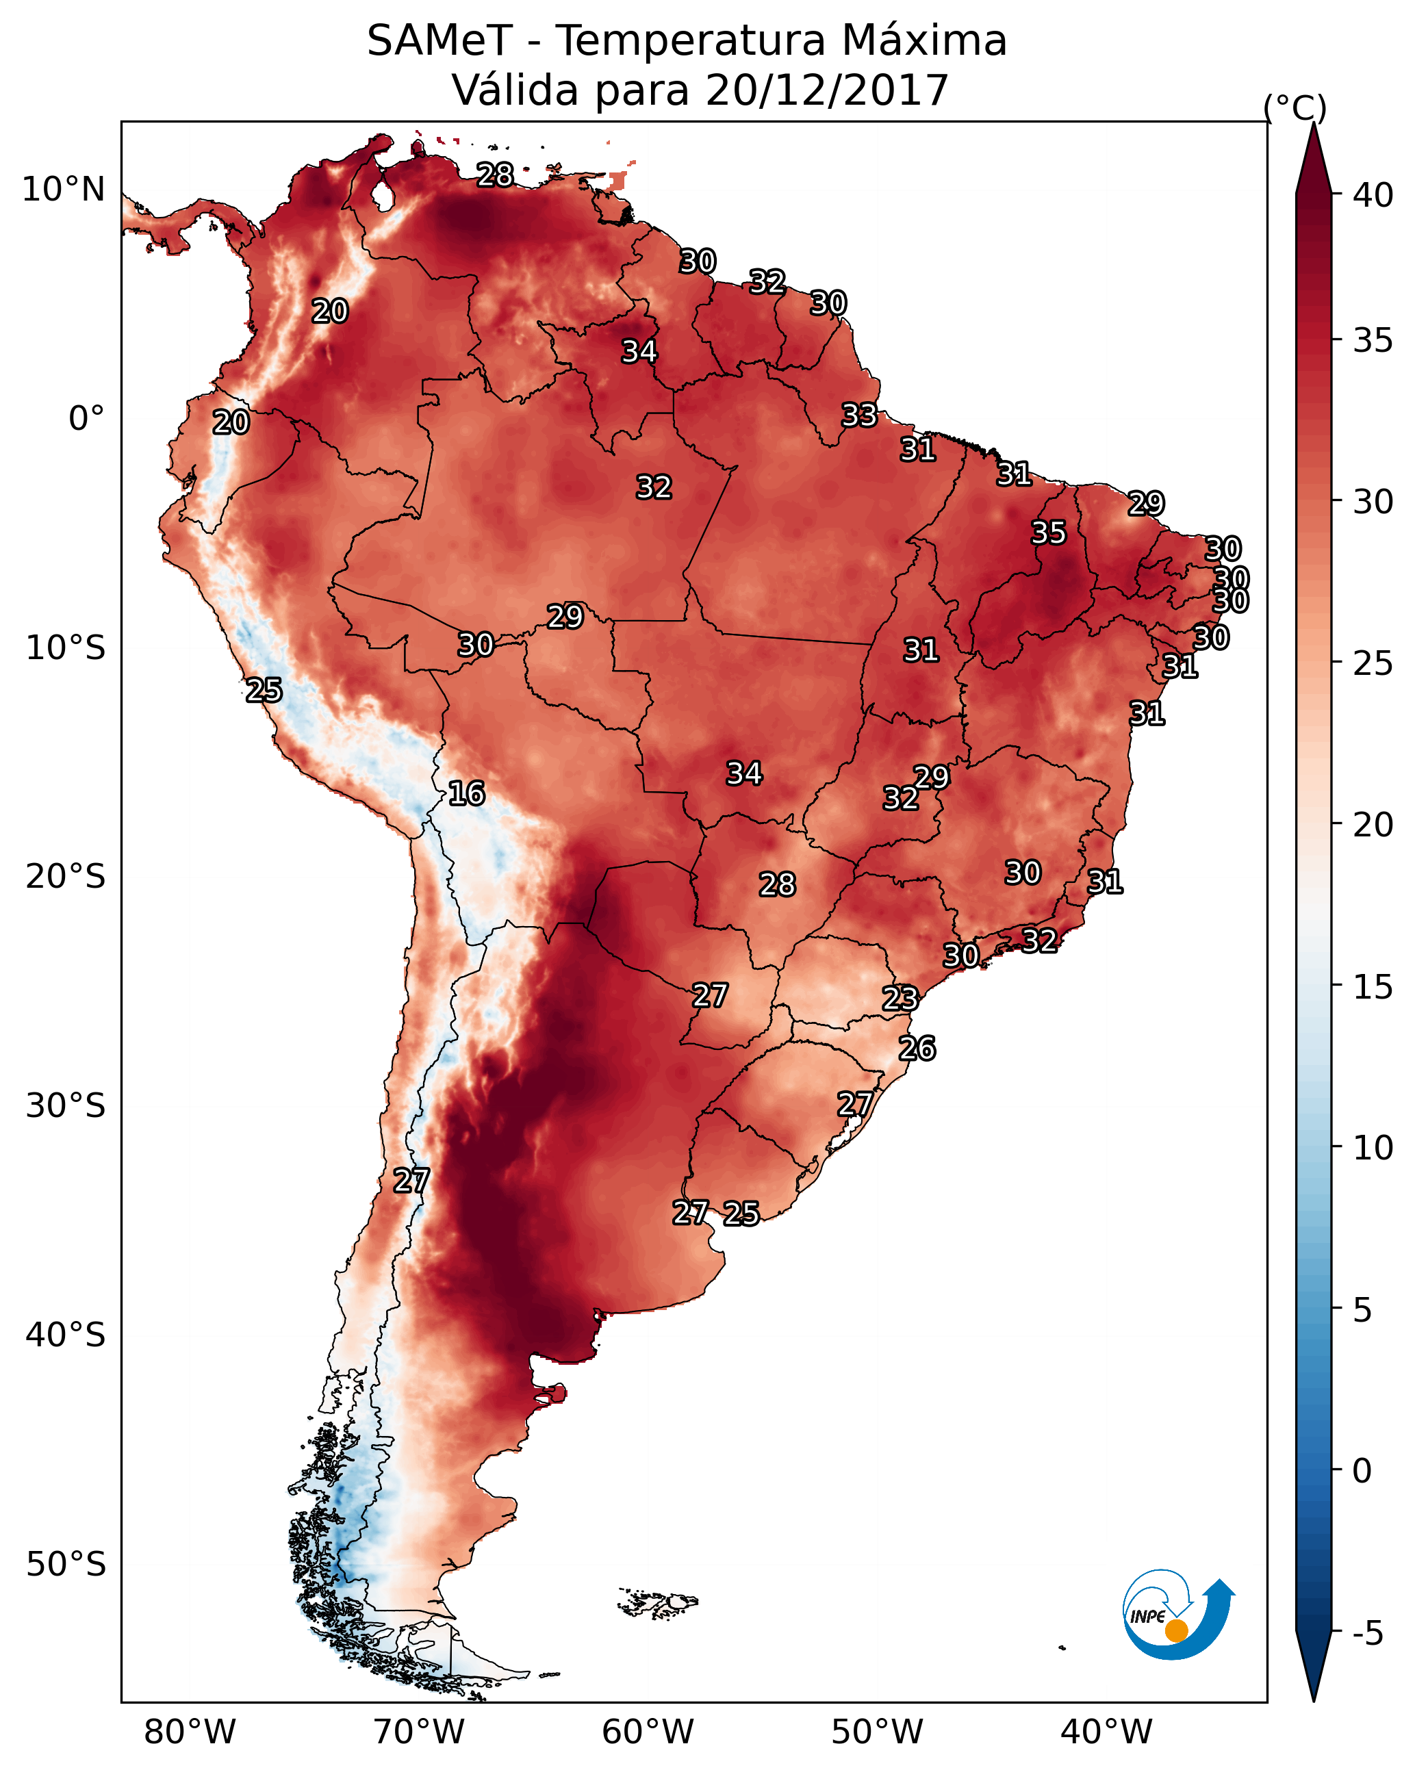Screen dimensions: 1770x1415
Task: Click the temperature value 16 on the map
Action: (466, 794)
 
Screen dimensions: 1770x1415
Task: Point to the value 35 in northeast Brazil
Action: (1049, 533)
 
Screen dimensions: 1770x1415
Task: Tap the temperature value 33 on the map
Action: (859, 415)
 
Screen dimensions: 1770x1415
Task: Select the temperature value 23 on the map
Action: (900, 999)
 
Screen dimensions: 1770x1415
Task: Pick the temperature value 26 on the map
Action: (917, 1049)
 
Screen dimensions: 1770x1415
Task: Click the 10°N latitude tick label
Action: (63, 190)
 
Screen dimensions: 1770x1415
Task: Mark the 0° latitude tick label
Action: (86, 419)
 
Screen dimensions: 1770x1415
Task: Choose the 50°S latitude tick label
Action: (66, 1564)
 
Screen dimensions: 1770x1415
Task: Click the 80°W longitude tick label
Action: (190, 1732)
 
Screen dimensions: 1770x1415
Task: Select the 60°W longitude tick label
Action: (648, 1732)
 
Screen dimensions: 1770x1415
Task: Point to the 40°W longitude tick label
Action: (1106, 1732)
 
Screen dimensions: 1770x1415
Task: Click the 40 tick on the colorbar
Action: (1373, 195)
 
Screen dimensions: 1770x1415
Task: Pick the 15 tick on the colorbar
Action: (1373, 987)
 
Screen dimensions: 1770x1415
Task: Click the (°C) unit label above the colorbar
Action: (1295, 107)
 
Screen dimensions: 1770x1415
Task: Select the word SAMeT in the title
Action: (439, 41)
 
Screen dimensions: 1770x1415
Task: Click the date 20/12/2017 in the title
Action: (827, 90)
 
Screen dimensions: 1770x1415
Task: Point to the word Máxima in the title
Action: (922, 41)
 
